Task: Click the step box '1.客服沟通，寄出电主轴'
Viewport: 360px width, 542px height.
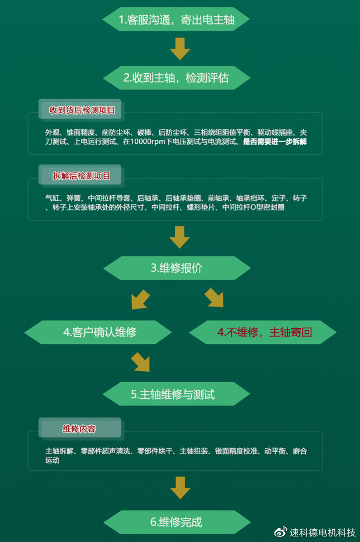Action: tap(176, 20)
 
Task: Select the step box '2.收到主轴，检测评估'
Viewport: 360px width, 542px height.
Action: tap(177, 78)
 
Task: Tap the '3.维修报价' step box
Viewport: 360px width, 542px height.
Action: tap(177, 268)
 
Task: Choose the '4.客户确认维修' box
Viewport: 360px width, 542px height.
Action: tap(98, 332)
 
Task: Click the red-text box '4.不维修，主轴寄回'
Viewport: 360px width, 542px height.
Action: tap(263, 332)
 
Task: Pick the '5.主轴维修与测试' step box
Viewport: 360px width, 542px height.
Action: tap(176, 394)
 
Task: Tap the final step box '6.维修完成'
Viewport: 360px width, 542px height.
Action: tap(177, 522)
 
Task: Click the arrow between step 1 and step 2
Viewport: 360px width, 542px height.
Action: tap(179, 49)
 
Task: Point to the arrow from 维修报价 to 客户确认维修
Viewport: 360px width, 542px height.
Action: tap(140, 299)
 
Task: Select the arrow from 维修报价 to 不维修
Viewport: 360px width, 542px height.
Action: tap(214, 298)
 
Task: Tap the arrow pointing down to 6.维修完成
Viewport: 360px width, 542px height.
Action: tap(181, 487)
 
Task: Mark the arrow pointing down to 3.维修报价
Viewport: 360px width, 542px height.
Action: tap(179, 237)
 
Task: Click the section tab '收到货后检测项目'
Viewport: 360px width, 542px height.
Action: tap(81, 110)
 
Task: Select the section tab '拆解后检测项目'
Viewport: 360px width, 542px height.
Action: tap(81, 176)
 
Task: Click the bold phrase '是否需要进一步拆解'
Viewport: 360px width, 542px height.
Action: tap(274, 142)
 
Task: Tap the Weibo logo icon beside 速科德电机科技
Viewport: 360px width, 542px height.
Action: tap(281, 531)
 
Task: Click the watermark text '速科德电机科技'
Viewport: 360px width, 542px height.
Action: tap(323, 532)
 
